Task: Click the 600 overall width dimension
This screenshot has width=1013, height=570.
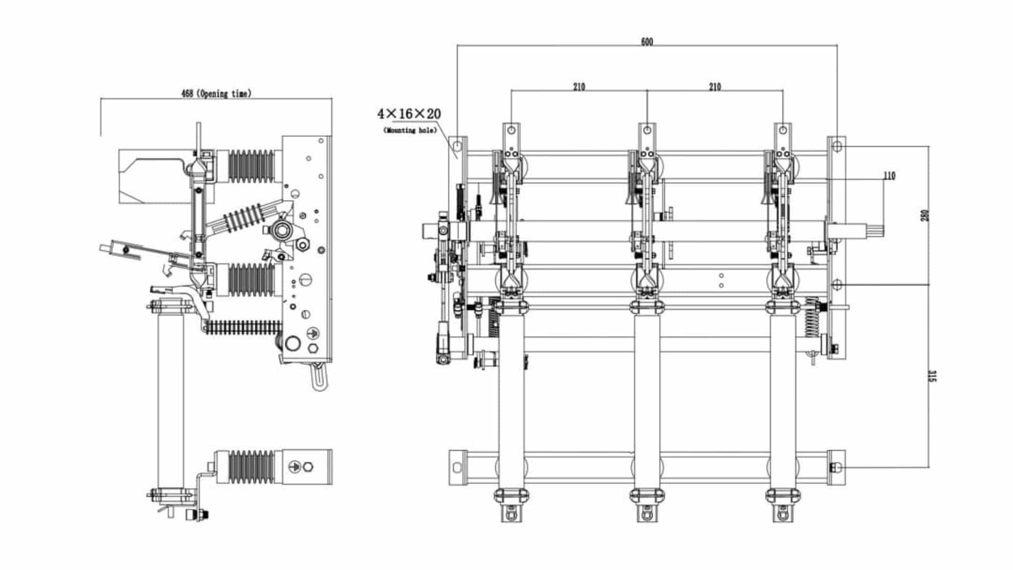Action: tap(646, 42)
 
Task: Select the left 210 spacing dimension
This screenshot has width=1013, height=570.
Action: tap(579, 87)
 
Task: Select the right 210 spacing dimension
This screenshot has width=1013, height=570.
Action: tap(714, 87)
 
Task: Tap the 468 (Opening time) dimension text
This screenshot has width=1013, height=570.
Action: tap(216, 93)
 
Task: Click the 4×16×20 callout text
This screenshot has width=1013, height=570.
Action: tap(409, 113)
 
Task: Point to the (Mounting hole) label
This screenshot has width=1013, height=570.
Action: tap(410, 130)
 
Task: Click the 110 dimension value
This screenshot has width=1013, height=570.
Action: tap(889, 176)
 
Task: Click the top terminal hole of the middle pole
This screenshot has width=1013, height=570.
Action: tap(647, 130)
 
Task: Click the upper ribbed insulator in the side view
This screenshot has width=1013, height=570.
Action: tap(252, 166)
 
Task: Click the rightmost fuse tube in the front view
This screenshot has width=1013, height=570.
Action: tap(783, 401)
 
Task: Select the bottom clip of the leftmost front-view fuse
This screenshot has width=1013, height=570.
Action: tap(511, 496)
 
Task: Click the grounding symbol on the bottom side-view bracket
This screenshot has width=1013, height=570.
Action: tap(294, 467)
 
